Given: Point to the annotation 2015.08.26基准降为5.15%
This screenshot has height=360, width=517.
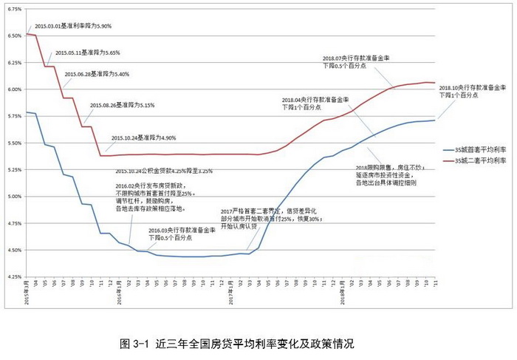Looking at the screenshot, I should pos(122,106).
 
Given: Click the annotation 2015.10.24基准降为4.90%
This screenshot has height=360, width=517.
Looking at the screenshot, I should pos(143,138).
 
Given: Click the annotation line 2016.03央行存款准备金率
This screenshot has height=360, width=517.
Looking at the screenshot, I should pos(182,231).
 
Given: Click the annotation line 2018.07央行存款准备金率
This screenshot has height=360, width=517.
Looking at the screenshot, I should pos(356,58).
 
